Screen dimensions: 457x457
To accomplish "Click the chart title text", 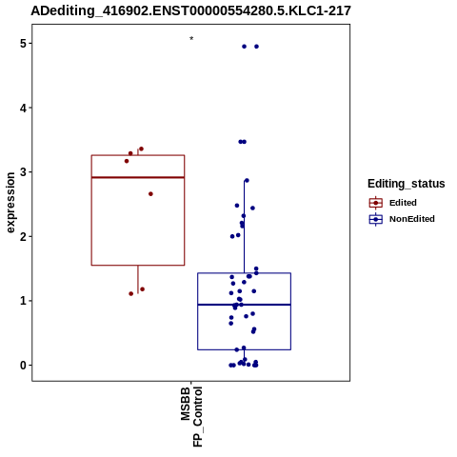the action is [190, 10].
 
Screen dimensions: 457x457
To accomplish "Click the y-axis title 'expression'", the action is [10, 203].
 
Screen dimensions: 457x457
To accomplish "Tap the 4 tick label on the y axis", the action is [23, 108].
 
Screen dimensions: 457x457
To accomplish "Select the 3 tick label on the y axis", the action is [23, 172].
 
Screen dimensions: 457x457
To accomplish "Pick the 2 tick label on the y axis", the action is [23, 236].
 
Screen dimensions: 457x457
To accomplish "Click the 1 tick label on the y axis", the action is [23, 301].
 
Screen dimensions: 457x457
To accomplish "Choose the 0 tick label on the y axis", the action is [23, 365].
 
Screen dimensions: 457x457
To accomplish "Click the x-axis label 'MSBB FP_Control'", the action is [191, 416].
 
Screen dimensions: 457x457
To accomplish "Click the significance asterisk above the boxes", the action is [191, 38].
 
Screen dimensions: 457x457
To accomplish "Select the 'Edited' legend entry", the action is [393, 203].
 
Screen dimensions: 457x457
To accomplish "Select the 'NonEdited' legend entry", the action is [402, 219].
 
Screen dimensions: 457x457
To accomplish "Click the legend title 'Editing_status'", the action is [407, 184].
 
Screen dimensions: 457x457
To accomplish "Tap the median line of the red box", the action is [138, 177].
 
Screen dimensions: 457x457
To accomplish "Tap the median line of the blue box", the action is [245, 305].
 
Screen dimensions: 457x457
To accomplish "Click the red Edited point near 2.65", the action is [150, 194].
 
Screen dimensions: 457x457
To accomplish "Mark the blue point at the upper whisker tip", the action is [247, 181].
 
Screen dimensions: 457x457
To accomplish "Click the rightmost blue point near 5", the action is [256, 47].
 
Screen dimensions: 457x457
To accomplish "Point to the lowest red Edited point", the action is [131, 293].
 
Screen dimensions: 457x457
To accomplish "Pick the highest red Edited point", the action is [142, 149].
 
